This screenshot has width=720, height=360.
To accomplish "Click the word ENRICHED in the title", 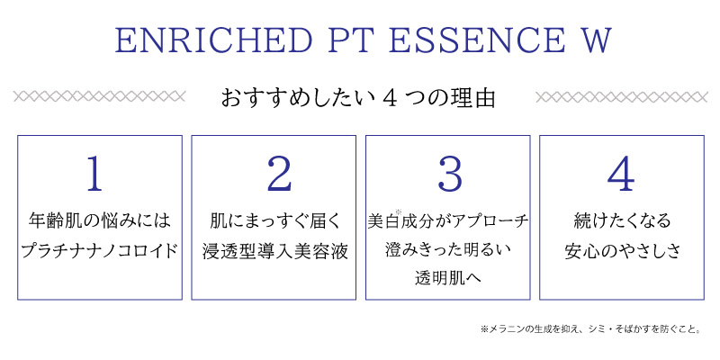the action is point(213,40).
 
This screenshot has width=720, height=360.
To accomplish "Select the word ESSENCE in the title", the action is point(477,40).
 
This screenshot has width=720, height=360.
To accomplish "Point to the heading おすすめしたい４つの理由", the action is point(359,98).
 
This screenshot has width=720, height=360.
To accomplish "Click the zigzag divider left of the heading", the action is point(99,96).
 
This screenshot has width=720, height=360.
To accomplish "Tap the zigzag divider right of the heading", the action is point(621,97).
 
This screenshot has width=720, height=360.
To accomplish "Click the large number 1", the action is point(95,174).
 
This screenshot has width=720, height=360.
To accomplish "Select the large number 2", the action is point(279,174).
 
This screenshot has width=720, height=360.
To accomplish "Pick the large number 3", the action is point(449,174).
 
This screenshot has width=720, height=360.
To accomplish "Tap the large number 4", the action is point(620,174).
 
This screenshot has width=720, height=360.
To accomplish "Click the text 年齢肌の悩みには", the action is point(100,220).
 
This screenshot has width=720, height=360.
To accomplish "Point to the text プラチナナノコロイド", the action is point(100,251).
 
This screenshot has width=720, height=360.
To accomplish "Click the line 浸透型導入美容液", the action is point(275,251).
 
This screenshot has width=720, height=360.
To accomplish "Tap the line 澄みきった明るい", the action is point(448,251).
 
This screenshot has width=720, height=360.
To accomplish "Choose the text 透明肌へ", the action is point(447,278).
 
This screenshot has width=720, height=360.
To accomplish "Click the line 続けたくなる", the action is point(622,220).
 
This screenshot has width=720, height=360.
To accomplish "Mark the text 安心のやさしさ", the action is point(622,251).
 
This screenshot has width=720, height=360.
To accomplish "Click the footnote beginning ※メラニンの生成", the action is point(591,329).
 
